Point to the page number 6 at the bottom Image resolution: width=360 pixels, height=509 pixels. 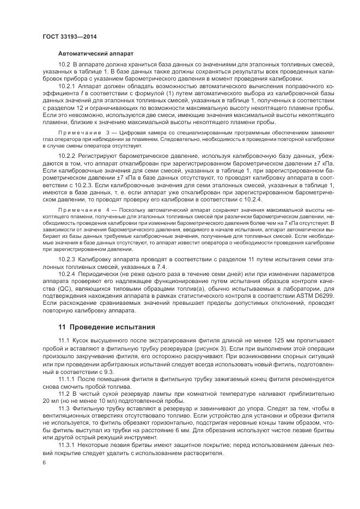pos(44,463)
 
